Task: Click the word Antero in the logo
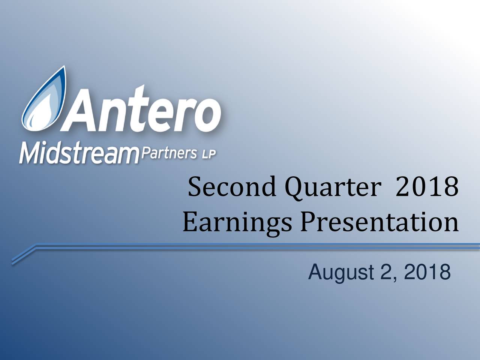pyautogui.click(x=141, y=109)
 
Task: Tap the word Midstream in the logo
pyautogui.click(x=79, y=153)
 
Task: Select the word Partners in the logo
pyautogui.click(x=169, y=153)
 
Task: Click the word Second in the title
pyautogui.click(x=232, y=187)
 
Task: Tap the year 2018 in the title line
pyautogui.click(x=427, y=187)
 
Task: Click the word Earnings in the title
pyautogui.click(x=237, y=223)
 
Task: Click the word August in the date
pyautogui.click(x=341, y=273)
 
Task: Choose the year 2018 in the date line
pyautogui.click(x=427, y=272)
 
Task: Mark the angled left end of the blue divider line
pyautogui.click(x=13, y=262)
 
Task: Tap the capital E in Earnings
pyautogui.click(x=190, y=222)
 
